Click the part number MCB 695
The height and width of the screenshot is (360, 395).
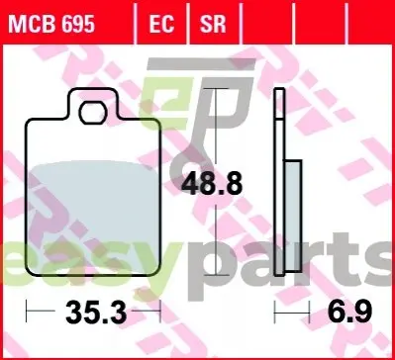[51, 24]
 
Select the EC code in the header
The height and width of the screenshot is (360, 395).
[161, 24]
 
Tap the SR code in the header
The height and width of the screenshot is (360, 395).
[213, 24]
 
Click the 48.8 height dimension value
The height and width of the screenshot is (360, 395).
[212, 184]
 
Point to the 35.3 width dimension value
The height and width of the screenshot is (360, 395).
[96, 314]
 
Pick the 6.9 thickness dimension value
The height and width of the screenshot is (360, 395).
[349, 312]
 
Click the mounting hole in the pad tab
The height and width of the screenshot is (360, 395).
[93, 113]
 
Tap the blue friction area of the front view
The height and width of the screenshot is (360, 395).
[93, 218]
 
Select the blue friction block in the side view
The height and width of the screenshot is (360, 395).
[293, 216]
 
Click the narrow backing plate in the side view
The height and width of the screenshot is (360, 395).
[279, 182]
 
